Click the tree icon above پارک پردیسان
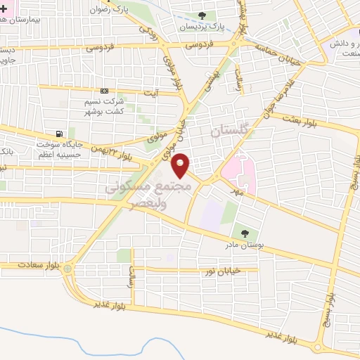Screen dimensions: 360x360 pyautogui.click(x=202, y=15)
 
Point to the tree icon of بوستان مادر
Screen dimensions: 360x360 pyautogui.click(x=244, y=233)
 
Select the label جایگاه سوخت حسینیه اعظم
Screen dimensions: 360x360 pyautogui.click(x=60, y=148)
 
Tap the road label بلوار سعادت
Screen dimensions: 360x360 pyautogui.click(x=36, y=265)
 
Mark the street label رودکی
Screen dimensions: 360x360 pyautogui.click(x=147, y=30)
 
